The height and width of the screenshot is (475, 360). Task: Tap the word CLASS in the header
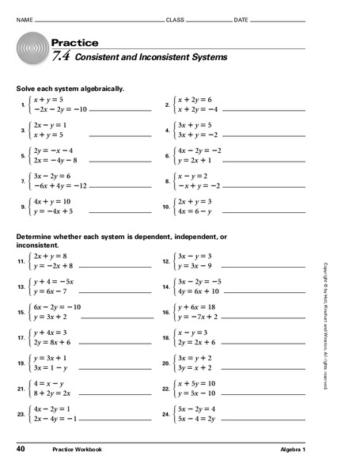(x=175, y=18)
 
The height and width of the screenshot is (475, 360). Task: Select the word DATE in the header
(x=241, y=18)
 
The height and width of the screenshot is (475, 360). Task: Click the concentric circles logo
(x=32, y=51)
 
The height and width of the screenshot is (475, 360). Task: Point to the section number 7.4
(x=62, y=57)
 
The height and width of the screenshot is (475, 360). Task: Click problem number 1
(x=23, y=104)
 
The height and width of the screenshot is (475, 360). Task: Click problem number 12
(x=167, y=260)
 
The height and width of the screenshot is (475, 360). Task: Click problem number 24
(x=167, y=414)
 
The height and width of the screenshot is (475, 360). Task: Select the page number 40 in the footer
(x=21, y=450)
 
